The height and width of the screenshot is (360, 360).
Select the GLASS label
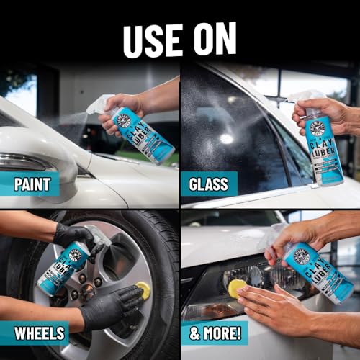pyautogui.click(x=209, y=184)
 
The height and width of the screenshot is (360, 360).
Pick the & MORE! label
pyautogui.click(x=214, y=333)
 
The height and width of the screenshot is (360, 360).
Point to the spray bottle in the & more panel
pyautogui.click(x=317, y=270)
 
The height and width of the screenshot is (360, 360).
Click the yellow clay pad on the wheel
pyautogui.click(x=143, y=291)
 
